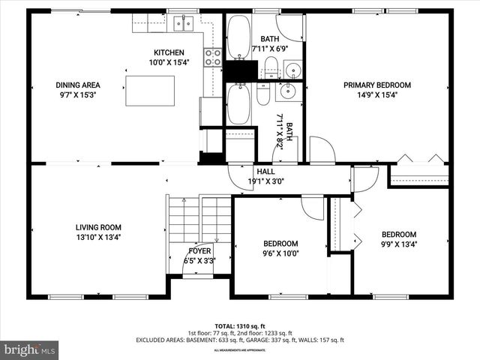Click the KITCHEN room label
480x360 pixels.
coord(169,52)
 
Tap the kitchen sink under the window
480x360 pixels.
coord(184,24)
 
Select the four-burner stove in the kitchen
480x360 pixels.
coord(213,58)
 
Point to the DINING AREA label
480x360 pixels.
coord(78,85)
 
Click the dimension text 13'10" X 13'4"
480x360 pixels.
coord(98,237)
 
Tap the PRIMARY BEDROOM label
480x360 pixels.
coord(378,85)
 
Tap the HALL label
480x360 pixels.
coord(265,172)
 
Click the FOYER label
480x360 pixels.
coord(199,251)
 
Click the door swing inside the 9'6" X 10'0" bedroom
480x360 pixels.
coord(312,207)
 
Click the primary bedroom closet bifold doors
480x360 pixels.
coord(418,160)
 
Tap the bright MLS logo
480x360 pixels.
coord(30,349)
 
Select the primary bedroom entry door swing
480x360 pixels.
coord(322,150)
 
